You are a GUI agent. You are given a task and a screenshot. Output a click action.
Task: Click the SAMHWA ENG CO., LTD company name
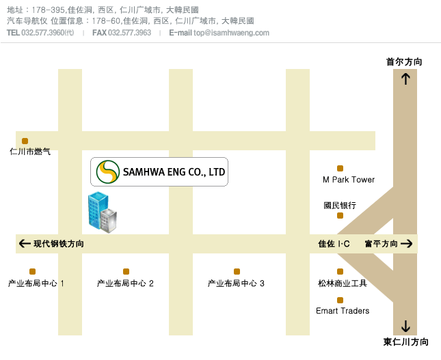(x=174, y=172)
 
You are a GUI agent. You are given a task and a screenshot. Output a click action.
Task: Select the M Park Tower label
(x=349, y=180)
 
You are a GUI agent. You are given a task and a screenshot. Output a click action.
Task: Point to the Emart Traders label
(x=343, y=311)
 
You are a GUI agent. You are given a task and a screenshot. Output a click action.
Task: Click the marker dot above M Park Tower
(x=340, y=168)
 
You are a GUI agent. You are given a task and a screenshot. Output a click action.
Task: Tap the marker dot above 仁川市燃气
(x=25, y=141)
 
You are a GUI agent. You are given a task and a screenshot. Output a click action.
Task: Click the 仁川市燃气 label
(x=30, y=152)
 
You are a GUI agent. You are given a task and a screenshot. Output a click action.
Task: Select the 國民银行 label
(x=340, y=205)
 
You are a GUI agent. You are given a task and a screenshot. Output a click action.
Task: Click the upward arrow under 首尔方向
(x=405, y=79)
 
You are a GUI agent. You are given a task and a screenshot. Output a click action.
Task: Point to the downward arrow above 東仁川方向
(x=405, y=326)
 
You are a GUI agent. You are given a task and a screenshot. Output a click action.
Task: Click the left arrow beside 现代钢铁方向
(x=25, y=243)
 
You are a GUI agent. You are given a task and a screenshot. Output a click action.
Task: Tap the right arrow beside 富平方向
(x=407, y=243)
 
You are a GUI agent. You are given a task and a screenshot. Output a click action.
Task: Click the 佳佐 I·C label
(x=334, y=243)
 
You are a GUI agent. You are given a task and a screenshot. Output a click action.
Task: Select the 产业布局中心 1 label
(x=36, y=283)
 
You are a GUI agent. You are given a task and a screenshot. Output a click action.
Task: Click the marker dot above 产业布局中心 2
(x=126, y=271)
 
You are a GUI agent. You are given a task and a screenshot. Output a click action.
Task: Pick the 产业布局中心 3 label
(x=236, y=283)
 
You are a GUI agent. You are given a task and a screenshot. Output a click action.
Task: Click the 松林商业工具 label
(x=343, y=283)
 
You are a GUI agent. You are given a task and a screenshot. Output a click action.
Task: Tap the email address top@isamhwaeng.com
(x=231, y=33)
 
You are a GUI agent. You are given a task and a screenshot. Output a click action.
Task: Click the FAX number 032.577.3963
(x=129, y=33)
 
